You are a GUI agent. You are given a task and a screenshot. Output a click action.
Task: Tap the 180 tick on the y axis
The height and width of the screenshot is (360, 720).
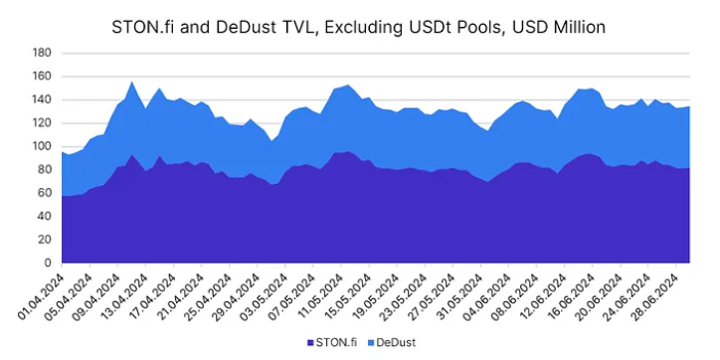tap(42, 53)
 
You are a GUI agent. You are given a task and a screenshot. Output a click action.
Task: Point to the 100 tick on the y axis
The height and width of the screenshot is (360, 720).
tap(42, 146)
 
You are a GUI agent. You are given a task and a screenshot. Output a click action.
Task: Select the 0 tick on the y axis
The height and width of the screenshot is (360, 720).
tap(48, 263)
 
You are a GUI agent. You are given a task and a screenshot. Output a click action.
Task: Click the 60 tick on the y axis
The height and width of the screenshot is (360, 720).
tap(45, 193)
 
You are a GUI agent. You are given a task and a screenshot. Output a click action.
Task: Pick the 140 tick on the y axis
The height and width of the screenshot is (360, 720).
tap(42, 99)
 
